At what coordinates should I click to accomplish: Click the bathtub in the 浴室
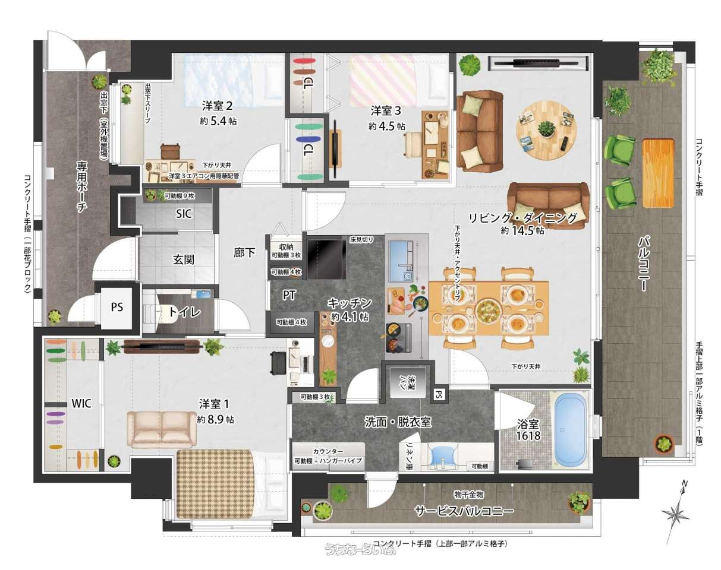click(x=570, y=430)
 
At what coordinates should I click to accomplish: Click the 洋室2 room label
click(x=217, y=106)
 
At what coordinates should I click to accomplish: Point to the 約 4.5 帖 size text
click(x=386, y=126)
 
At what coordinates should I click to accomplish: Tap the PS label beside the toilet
click(x=117, y=307)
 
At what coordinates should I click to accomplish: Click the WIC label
click(x=81, y=403)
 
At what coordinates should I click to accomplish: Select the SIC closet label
click(x=184, y=214)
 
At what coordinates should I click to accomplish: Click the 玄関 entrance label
click(x=183, y=259)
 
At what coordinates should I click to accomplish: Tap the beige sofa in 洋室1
click(x=162, y=430)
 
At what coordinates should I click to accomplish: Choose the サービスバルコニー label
click(x=464, y=511)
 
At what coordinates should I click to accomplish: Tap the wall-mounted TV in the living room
click(x=538, y=63)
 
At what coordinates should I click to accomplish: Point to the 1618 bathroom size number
click(x=528, y=435)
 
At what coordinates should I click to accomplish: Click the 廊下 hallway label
click(x=244, y=253)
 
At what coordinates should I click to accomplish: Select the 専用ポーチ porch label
click(x=82, y=187)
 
